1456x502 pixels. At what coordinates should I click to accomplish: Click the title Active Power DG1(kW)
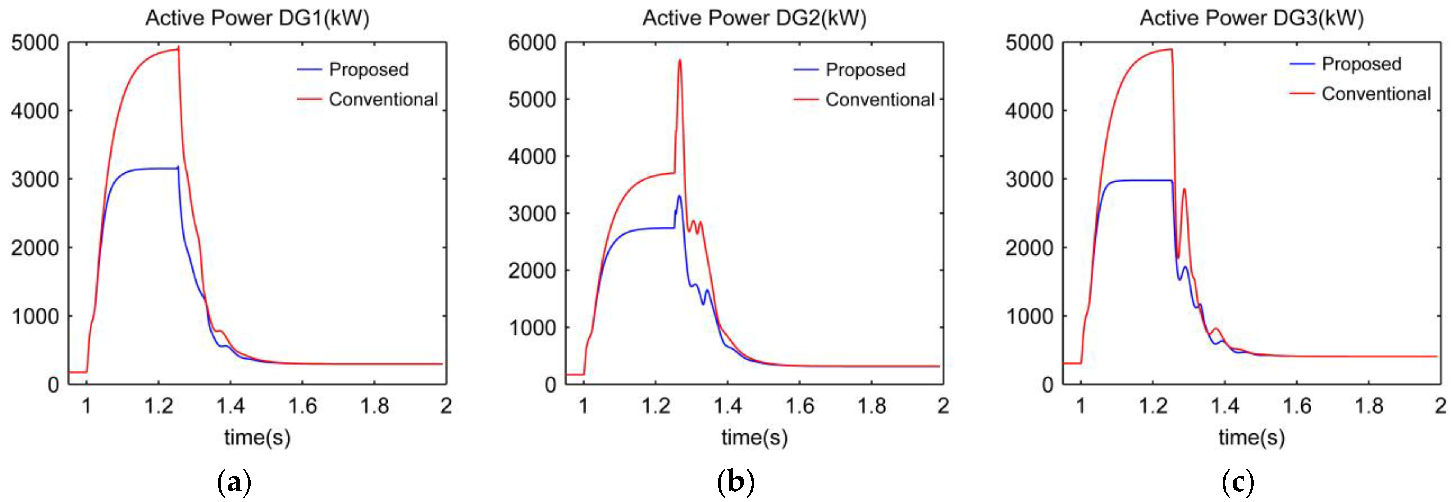click(x=257, y=18)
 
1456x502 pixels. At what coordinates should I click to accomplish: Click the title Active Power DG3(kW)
click(x=1252, y=18)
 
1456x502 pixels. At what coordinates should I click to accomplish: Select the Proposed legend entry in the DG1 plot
click(x=368, y=70)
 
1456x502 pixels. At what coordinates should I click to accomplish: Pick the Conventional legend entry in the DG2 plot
click(x=879, y=100)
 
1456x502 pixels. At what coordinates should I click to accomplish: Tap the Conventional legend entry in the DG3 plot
click(x=1376, y=94)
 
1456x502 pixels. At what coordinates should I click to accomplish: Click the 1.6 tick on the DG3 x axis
click(x=1296, y=406)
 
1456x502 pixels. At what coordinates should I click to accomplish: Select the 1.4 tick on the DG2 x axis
click(x=727, y=406)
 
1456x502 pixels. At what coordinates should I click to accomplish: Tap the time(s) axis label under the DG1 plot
click(x=257, y=437)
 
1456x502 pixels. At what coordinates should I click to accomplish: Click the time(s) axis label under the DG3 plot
click(x=1252, y=437)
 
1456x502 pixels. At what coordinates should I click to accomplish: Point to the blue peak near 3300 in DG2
click(x=679, y=196)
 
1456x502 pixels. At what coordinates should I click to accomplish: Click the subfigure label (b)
click(x=735, y=482)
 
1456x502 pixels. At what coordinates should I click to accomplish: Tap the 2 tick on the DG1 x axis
click(x=446, y=406)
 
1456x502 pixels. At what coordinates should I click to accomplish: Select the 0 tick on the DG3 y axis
click(x=1047, y=385)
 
